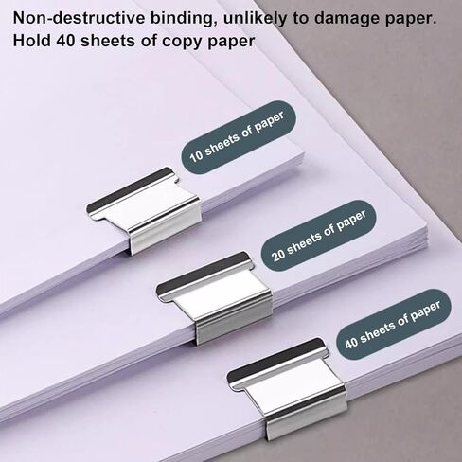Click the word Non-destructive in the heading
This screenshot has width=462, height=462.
point(80,18)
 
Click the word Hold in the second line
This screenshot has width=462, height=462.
point(32,41)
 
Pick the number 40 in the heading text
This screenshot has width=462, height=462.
point(66,41)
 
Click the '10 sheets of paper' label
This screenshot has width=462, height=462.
point(239,137)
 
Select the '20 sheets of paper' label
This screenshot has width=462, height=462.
point(319,236)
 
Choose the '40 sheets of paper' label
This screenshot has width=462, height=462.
point(394,325)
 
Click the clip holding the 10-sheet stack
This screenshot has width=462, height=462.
point(144,210)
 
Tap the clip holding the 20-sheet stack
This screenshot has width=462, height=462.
point(215,297)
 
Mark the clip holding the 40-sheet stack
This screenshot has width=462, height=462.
point(287,388)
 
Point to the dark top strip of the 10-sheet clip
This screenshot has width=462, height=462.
point(130,190)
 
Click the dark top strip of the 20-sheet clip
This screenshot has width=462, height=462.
point(202,275)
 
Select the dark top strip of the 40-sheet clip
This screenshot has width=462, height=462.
point(275,362)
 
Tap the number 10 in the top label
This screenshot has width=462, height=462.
point(196,156)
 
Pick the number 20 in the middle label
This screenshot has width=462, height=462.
point(278,254)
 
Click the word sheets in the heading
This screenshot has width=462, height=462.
point(109,41)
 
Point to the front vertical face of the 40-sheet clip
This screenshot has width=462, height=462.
point(306,419)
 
